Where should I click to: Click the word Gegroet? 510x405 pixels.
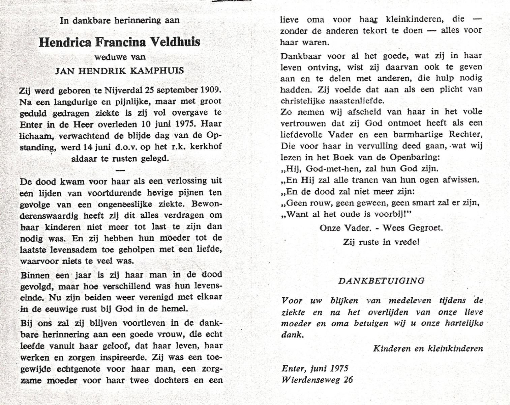pos(425,228)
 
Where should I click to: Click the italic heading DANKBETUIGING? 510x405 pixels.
pos(381,281)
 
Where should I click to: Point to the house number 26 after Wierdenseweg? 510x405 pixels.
pos(348,380)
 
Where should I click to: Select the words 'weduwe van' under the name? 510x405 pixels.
pos(120,57)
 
